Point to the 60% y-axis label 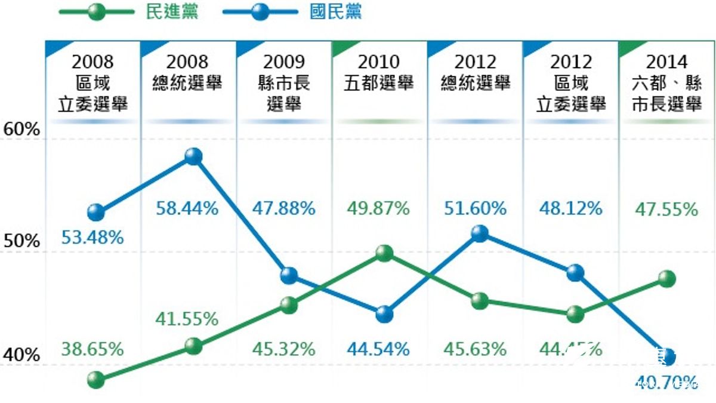[x=21, y=130]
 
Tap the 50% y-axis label [x=21, y=242]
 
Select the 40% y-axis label [x=21, y=355]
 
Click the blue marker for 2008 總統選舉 [x=193, y=157]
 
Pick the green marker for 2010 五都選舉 [x=384, y=253]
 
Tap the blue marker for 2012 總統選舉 [x=479, y=233]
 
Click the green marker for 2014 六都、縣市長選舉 [x=667, y=279]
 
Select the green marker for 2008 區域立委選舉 [x=95, y=379]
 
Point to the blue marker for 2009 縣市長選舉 [x=289, y=275]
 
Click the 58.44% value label [x=187, y=208]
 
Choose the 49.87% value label [x=378, y=208]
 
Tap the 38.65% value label [x=92, y=349]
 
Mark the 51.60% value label [x=475, y=208]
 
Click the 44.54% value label [x=378, y=349]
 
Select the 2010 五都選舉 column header [x=379, y=73]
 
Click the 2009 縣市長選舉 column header [x=284, y=83]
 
